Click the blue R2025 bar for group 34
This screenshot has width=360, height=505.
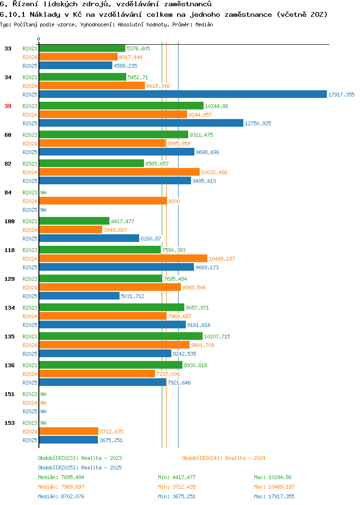[x=183, y=95]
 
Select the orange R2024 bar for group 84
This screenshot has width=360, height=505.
[x=103, y=201]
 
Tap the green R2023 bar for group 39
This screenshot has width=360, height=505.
[x=121, y=106]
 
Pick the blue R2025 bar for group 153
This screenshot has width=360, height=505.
[x=69, y=440]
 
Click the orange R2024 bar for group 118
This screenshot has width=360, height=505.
[x=123, y=259]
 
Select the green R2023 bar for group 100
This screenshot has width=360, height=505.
[x=74, y=221]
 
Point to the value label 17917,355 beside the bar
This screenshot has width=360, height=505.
[x=341, y=95]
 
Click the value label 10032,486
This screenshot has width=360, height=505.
[x=214, y=173]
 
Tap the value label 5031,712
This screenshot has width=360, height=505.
[x=132, y=296]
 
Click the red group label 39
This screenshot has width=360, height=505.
[x=8, y=106]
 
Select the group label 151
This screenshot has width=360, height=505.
[x=10, y=394]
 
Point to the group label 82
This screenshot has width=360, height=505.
[x=8, y=164]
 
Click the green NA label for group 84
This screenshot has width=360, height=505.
[x=44, y=192]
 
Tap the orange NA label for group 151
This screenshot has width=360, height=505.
[x=44, y=403]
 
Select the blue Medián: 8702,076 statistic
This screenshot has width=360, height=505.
[x=61, y=496]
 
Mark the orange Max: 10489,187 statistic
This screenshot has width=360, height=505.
[x=274, y=487]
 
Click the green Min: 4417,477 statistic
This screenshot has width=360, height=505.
[x=177, y=477]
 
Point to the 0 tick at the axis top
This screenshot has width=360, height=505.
[x=39, y=39]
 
